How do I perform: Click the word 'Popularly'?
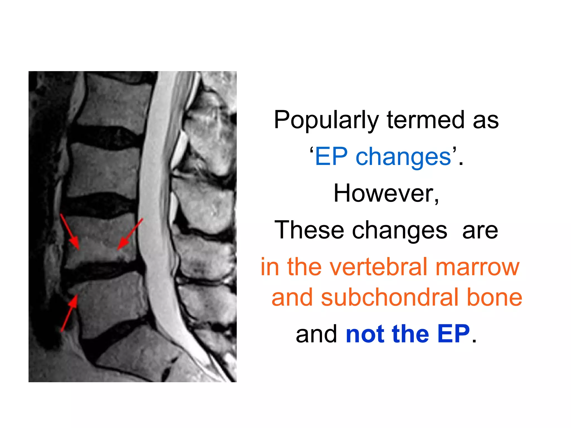[326, 120]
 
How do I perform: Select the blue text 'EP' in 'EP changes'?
[332, 157]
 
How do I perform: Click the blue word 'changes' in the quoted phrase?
[403, 157]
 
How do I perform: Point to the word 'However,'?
[386, 193]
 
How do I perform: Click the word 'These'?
[309, 230]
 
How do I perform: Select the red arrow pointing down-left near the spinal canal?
[130, 234]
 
